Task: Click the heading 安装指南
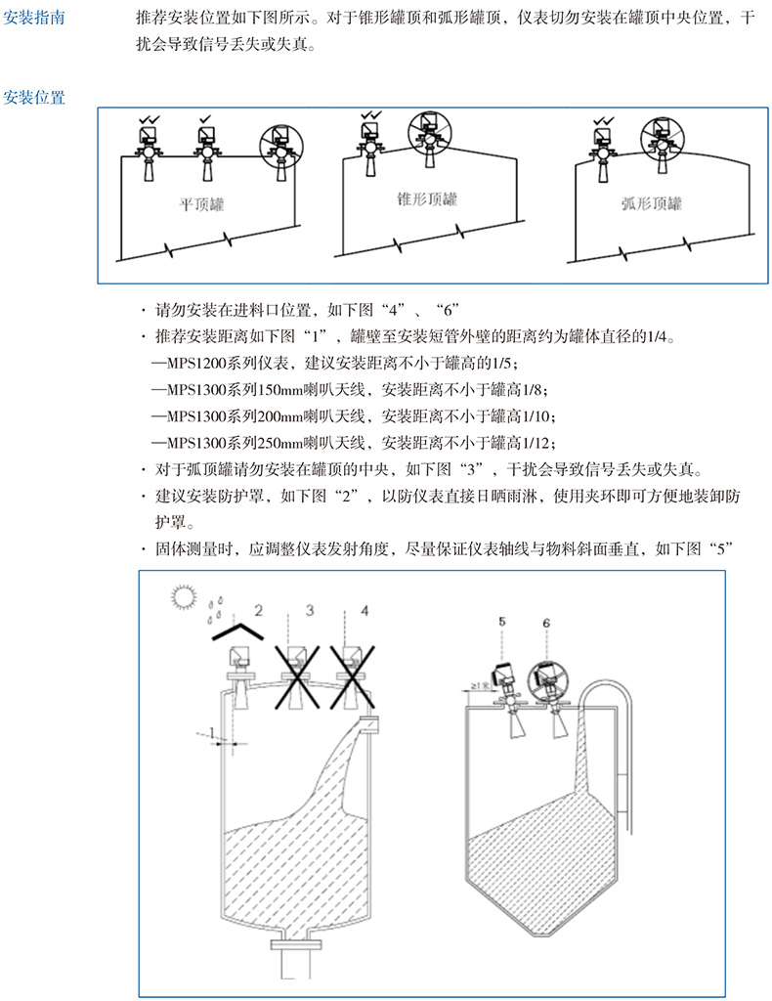(x=35, y=18)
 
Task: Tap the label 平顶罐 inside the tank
(x=201, y=204)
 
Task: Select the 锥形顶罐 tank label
(x=426, y=199)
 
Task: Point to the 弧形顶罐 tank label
(x=651, y=204)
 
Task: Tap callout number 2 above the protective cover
(x=258, y=611)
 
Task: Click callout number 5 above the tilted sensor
(x=502, y=622)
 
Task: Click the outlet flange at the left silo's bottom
(x=293, y=945)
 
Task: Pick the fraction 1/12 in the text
(x=541, y=440)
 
